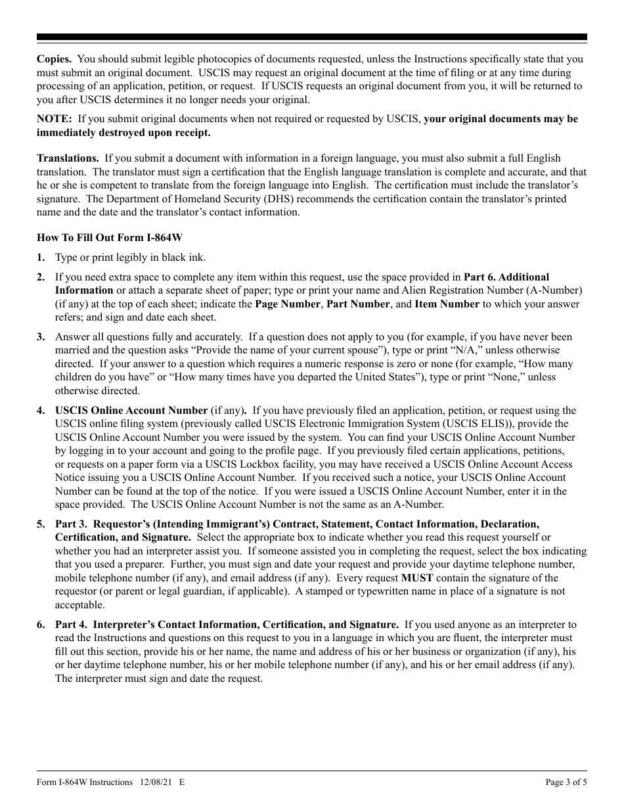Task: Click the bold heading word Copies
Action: click(x=54, y=59)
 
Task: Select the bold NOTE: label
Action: click(x=54, y=119)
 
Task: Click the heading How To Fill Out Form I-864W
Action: click(x=106, y=238)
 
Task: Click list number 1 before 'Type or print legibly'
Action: click(x=41, y=258)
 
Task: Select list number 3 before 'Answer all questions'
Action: click(x=41, y=337)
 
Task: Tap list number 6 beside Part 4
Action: click(x=41, y=625)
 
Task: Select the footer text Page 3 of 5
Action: click(x=566, y=783)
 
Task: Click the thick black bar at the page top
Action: click(x=312, y=37)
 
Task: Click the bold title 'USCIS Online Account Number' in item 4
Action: click(x=131, y=411)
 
